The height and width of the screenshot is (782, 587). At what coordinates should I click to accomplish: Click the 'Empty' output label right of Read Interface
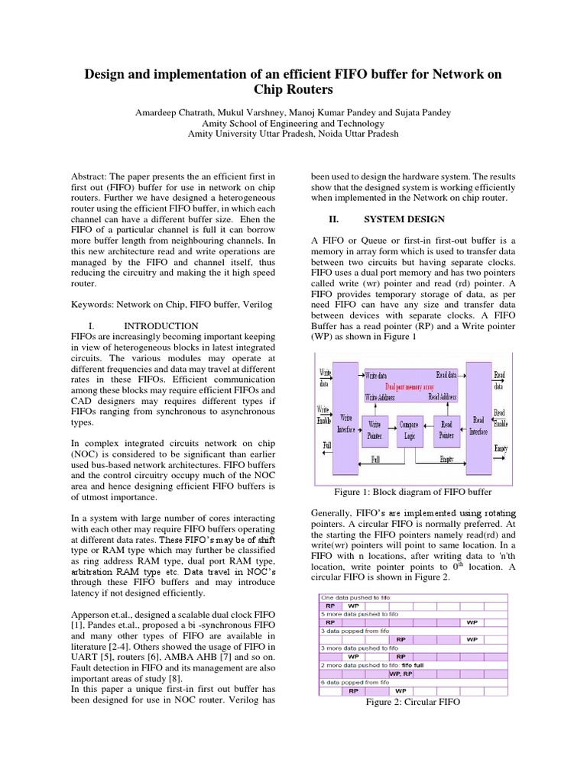point(501,448)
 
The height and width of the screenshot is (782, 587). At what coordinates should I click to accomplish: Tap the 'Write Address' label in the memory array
point(381,397)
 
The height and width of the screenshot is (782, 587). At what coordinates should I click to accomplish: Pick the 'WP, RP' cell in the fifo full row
point(401,674)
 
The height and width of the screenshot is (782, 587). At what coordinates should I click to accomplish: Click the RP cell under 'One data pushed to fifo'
point(329,606)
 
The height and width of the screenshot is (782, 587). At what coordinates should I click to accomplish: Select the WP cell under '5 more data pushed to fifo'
point(472,622)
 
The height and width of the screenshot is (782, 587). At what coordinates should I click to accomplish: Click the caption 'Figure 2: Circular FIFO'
point(413,701)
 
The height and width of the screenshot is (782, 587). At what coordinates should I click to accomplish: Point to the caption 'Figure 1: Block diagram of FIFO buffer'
point(413,492)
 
